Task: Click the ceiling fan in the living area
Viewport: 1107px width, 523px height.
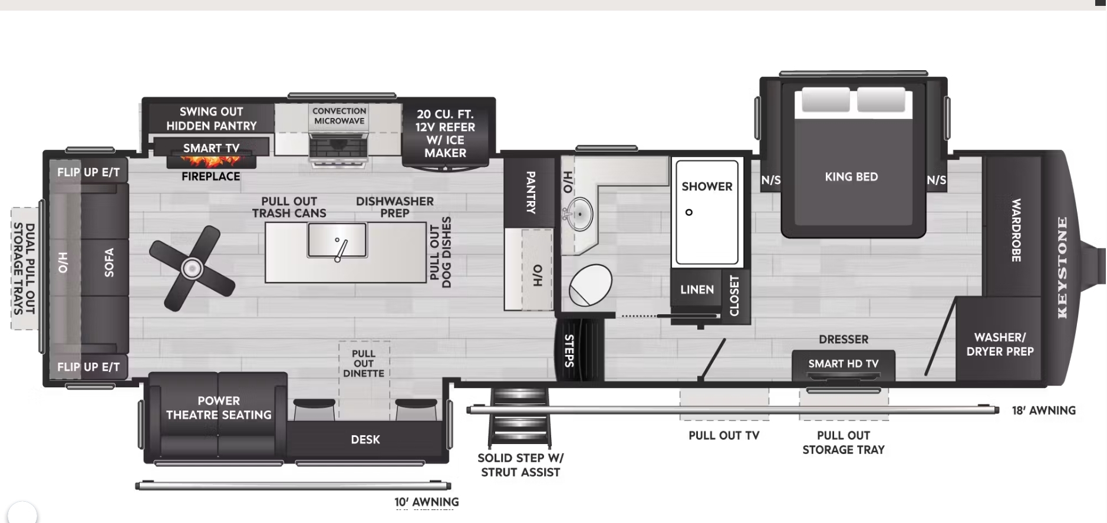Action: [192, 268]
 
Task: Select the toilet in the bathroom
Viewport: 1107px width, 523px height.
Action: [590, 284]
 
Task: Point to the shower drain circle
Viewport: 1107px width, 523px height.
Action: [688, 212]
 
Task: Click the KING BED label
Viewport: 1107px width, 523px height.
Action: [851, 177]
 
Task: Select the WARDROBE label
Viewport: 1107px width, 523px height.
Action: [1016, 230]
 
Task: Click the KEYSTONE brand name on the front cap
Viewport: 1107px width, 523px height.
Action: [1062, 268]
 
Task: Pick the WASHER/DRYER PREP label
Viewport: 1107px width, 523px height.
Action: [1000, 344]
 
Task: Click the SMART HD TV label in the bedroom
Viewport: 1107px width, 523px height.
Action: [843, 364]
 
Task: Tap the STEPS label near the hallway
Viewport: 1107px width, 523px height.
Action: [569, 350]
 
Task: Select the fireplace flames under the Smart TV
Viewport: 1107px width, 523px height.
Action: [211, 161]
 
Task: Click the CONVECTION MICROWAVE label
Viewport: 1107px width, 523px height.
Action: [340, 116]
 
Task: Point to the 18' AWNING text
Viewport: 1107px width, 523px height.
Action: [1043, 410]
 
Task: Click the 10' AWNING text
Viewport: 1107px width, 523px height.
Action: [427, 502]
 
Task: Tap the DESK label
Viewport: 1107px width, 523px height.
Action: [365, 439]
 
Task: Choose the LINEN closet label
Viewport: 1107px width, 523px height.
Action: [697, 290]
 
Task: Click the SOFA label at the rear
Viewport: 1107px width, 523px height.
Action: [108, 262]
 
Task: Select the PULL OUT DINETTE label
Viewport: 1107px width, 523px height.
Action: [364, 363]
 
